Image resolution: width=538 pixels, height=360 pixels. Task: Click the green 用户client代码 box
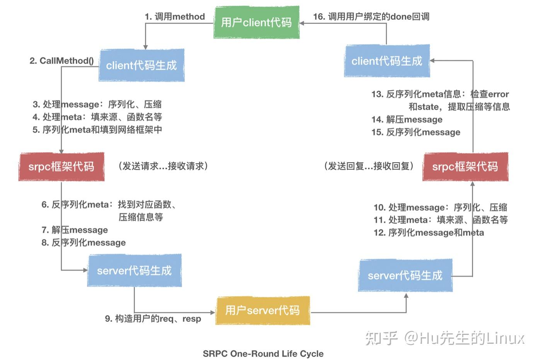click(x=256, y=22)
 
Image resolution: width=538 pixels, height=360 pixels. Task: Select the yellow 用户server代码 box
click(x=262, y=310)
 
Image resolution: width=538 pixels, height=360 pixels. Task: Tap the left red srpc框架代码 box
click(x=61, y=166)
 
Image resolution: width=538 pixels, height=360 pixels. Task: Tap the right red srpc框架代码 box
click(x=465, y=166)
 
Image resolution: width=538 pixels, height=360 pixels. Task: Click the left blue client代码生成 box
click(x=141, y=65)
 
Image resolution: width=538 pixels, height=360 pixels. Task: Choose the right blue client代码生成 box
click(x=387, y=61)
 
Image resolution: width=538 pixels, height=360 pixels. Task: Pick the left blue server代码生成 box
click(x=134, y=270)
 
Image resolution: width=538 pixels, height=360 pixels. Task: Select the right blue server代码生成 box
click(x=405, y=275)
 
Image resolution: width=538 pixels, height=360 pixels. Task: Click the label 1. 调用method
click(x=175, y=17)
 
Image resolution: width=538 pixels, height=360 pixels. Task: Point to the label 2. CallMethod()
click(x=62, y=61)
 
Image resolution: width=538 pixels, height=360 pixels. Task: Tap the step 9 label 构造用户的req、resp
click(x=153, y=319)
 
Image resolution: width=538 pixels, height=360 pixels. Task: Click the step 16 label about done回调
click(x=371, y=17)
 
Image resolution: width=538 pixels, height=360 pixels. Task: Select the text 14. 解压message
click(x=407, y=119)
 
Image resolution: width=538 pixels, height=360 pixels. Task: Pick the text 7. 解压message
click(x=75, y=230)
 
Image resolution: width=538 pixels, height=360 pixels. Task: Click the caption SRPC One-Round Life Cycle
click(x=263, y=353)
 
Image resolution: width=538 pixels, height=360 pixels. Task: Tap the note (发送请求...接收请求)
click(x=163, y=166)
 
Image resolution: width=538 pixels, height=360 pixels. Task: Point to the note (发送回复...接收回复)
click(x=369, y=166)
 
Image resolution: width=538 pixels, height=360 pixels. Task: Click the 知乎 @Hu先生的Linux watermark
click(x=445, y=338)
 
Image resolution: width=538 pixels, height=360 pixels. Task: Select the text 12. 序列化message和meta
click(x=429, y=233)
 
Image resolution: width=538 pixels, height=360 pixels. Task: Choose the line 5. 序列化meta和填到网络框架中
click(x=97, y=130)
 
